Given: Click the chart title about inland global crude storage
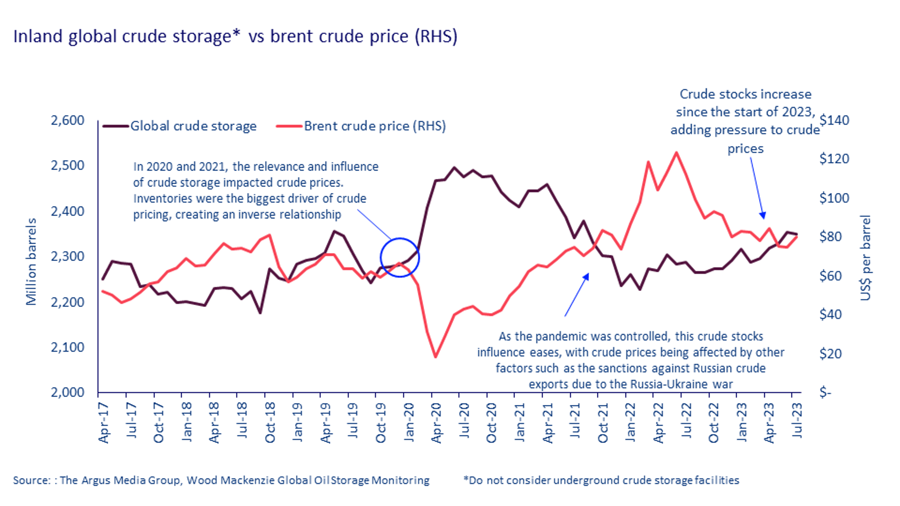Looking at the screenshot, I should [x=235, y=36].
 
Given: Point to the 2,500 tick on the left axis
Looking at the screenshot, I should [x=67, y=165].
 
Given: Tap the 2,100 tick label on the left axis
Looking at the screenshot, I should [x=67, y=347].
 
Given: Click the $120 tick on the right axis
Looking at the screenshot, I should [x=834, y=159].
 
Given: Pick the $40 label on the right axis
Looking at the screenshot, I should [x=830, y=314].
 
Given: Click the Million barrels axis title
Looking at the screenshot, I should [x=31, y=261].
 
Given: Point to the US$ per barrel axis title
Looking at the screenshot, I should [x=865, y=258].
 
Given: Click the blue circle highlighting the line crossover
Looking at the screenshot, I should [x=399, y=257].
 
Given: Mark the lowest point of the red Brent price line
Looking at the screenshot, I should [x=435, y=357].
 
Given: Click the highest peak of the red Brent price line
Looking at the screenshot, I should [x=676, y=152].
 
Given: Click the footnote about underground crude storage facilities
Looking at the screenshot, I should [x=601, y=480].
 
